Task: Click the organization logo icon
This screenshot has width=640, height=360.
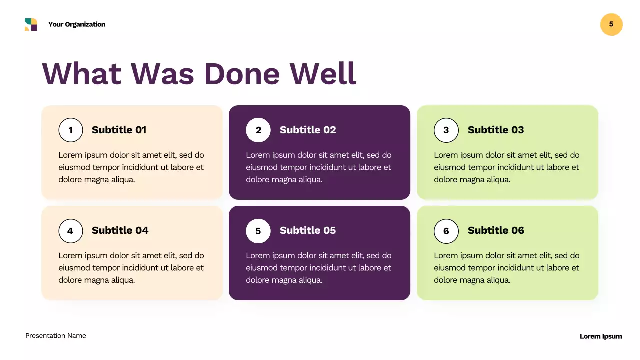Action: coord(31,24)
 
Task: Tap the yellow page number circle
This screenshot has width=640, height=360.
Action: coord(611,24)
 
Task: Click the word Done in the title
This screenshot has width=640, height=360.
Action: coord(242,73)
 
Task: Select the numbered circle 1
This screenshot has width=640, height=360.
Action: coord(70,130)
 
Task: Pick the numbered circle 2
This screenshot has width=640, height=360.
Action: coord(258,130)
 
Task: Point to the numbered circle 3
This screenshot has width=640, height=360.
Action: coord(446,130)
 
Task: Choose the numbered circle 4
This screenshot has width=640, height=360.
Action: coord(70,231)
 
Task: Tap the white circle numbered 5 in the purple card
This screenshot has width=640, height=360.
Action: coord(258,231)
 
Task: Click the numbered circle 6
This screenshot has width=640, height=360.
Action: coord(446,231)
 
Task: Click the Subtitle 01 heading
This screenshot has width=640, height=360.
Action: coord(119,130)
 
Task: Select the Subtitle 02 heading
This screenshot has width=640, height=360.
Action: coord(307,130)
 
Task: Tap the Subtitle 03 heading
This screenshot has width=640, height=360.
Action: coord(495,130)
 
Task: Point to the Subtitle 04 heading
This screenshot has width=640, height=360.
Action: coord(120,230)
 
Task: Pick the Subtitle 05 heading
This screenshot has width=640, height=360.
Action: coord(307,230)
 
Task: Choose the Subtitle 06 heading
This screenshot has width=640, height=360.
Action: coord(495,230)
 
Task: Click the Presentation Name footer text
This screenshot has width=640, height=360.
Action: coord(56,336)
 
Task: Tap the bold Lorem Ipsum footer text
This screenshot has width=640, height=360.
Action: coord(600,336)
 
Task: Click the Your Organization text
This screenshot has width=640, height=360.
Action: coord(77,24)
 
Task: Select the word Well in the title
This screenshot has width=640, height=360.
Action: coord(323,73)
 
